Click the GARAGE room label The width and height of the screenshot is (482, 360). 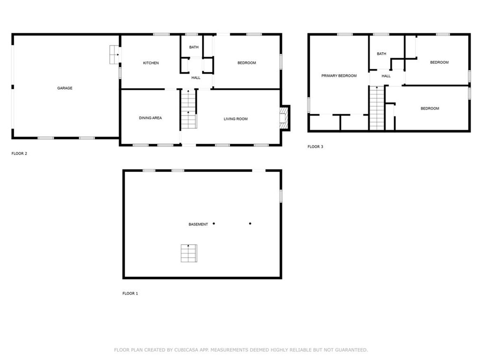coord(65,88)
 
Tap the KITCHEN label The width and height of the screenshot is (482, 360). coord(151,63)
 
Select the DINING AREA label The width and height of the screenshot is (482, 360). coord(150,118)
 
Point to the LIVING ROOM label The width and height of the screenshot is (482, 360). coord(235,119)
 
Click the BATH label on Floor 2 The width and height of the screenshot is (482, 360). coord(193,47)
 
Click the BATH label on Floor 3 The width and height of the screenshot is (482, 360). coord(381,54)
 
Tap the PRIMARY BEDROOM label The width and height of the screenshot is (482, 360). coord(338,76)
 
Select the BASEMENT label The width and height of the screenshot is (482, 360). coord(198,224)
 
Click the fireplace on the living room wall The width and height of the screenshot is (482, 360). coord(284,117)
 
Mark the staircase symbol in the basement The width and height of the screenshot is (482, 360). coord(188,253)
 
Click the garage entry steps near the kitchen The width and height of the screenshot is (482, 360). coord(114,55)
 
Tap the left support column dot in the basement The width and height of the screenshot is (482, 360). coord(214,223)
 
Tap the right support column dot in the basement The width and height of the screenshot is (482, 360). coord(250,223)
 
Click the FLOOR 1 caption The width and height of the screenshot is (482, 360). coord(130,294)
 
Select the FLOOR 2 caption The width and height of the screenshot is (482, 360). coord(19,153)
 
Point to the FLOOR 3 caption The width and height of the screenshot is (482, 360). coord(315,147)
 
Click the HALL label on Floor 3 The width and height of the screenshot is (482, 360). coord(386,76)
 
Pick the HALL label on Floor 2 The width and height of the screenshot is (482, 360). coord(196,77)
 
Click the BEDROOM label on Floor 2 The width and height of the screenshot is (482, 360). coord(246,63)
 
